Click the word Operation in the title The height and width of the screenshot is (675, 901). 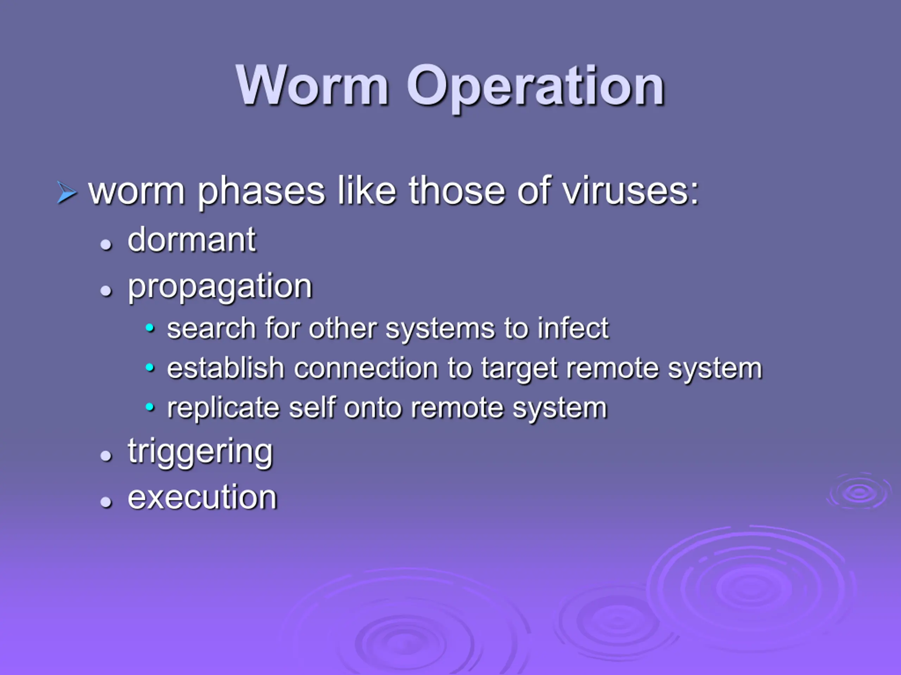pyautogui.click(x=535, y=89)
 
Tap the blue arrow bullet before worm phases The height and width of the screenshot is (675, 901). pyautogui.click(x=67, y=192)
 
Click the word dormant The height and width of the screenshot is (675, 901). pyautogui.click(x=191, y=240)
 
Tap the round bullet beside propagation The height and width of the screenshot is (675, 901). pyautogui.click(x=106, y=290)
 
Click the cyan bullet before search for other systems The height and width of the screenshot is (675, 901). pyautogui.click(x=150, y=328)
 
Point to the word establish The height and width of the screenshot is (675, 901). pyautogui.click(x=226, y=368)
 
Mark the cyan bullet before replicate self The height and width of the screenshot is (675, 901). pyautogui.click(x=150, y=407)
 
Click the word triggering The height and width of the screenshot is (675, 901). pyautogui.click(x=200, y=452)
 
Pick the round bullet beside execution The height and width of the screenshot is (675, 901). pyautogui.click(x=106, y=502)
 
